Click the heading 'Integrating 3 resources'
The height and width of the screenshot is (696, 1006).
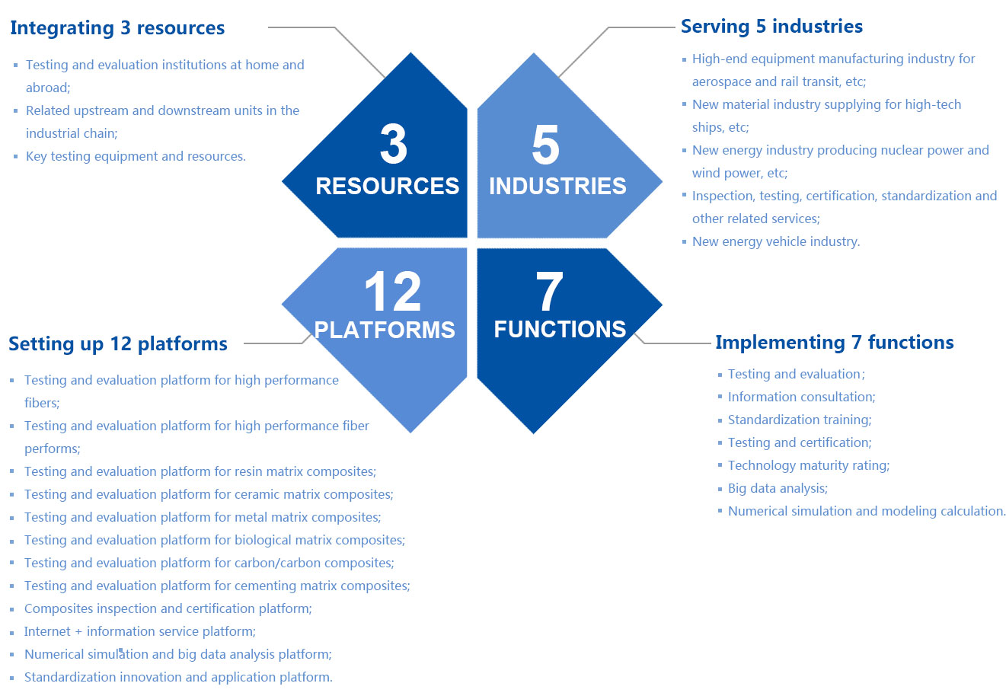117,28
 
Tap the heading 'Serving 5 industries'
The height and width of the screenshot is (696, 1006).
771,27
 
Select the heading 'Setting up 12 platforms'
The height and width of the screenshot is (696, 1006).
118,344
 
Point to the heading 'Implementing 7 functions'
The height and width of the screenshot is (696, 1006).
834,343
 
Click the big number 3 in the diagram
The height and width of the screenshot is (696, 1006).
393,145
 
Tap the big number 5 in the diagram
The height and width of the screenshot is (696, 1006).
545,145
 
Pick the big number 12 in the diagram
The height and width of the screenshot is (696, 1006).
392,292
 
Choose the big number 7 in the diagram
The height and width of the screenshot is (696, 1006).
548,292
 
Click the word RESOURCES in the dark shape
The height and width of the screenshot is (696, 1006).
387,186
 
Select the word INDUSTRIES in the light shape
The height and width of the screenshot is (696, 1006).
557,186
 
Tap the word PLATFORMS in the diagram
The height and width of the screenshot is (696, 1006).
385,330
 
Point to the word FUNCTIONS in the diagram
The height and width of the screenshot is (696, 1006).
560,329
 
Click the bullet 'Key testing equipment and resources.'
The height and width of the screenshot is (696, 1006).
136,156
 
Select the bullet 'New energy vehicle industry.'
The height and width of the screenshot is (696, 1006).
776,241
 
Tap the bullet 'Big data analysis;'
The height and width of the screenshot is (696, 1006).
778,488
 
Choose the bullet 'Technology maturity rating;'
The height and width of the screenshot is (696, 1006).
808,465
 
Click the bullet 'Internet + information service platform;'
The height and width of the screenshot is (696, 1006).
140,631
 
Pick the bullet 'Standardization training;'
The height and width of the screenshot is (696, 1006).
800,420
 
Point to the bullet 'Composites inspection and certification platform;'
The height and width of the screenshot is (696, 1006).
168,608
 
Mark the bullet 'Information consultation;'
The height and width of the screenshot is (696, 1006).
801,397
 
